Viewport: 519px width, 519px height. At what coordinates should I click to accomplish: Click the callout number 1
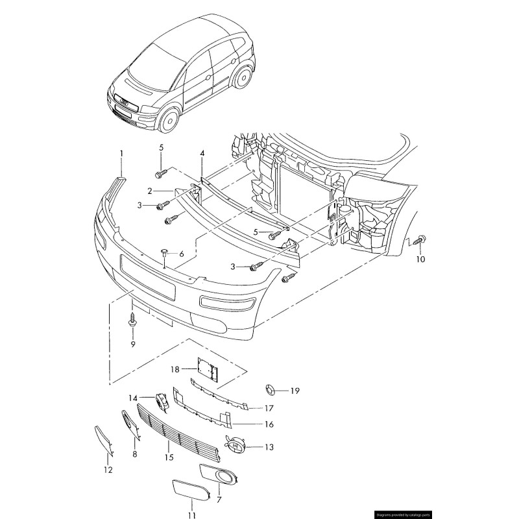(121, 153)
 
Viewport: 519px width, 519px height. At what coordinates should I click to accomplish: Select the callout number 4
(202, 154)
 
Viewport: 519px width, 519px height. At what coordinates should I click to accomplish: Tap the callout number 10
(420, 259)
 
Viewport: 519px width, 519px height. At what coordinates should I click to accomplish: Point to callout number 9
(132, 344)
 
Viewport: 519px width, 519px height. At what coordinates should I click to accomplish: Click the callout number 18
(175, 370)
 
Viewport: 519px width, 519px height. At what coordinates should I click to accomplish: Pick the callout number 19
(295, 391)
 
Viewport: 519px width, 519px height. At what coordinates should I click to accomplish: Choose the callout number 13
(269, 447)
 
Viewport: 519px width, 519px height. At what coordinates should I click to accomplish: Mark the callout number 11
(191, 515)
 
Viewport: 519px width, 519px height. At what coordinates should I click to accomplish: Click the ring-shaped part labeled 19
(268, 390)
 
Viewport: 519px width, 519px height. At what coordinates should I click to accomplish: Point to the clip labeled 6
(163, 250)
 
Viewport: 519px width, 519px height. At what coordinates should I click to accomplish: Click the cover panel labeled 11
(191, 492)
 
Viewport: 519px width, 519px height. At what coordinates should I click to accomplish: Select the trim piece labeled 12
(104, 439)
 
